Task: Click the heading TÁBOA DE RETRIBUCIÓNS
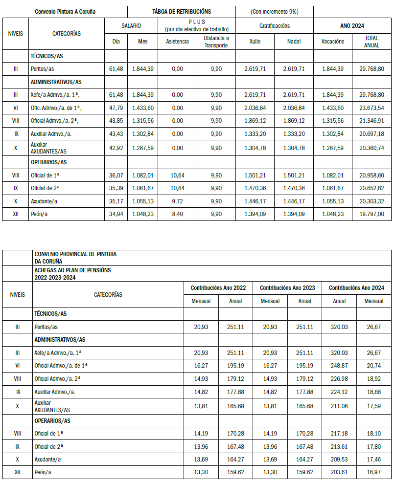click(182, 11)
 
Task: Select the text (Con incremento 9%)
click(274, 11)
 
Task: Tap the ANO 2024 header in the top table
click(352, 25)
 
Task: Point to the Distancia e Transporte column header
click(216, 41)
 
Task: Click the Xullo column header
click(255, 42)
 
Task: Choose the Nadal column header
click(294, 42)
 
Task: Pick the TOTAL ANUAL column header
click(372, 41)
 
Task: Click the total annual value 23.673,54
click(371, 108)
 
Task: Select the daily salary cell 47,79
click(116, 108)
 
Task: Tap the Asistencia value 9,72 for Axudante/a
click(177, 200)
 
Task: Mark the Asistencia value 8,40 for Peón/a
click(177, 214)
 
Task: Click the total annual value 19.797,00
click(371, 214)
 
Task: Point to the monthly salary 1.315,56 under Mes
click(142, 121)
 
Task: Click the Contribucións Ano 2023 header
click(287, 288)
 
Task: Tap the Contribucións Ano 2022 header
click(218, 288)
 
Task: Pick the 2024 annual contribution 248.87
click(339, 365)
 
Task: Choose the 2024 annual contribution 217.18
click(339, 433)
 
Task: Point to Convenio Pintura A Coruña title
click(66, 11)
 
